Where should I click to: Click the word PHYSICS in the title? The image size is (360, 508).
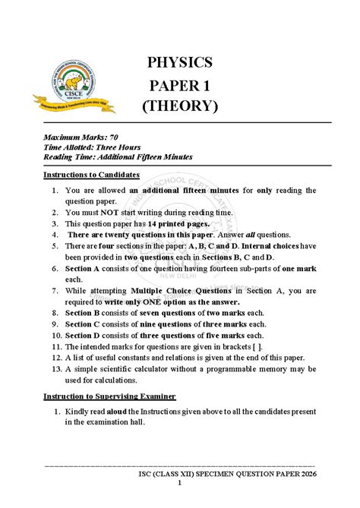point(180,62)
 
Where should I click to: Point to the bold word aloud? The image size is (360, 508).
point(122,411)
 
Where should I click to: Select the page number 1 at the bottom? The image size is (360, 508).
point(180,484)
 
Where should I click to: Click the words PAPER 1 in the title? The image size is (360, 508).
point(180,84)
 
